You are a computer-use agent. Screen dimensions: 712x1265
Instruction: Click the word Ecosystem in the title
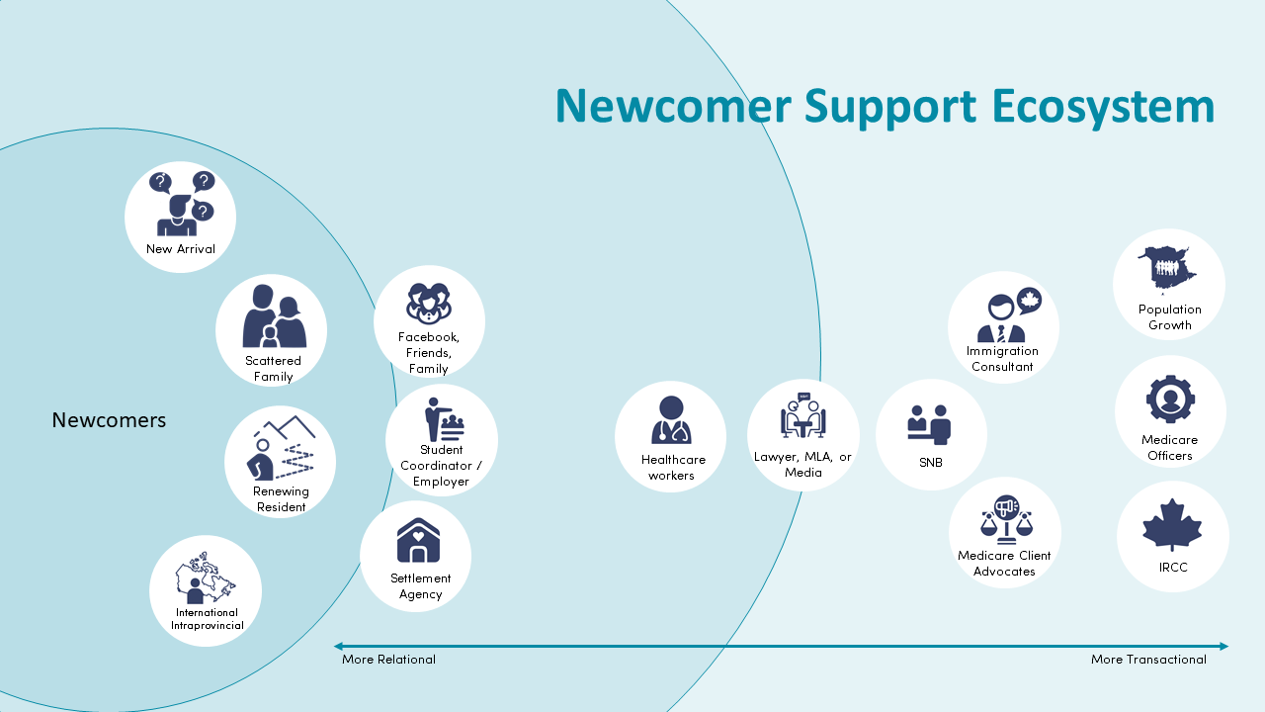1103,107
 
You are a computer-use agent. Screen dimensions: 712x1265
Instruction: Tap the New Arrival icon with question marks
181,203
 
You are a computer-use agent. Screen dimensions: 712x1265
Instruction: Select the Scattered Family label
273,369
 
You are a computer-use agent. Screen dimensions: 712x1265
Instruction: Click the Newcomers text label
109,420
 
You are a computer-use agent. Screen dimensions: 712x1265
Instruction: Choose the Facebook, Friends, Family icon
429,303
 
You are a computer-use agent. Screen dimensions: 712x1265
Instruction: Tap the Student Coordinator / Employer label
441,466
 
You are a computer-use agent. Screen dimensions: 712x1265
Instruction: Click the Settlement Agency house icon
417,541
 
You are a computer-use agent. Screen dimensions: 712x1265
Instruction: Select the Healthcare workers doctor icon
671,419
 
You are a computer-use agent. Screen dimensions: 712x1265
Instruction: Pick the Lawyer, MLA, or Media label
802,465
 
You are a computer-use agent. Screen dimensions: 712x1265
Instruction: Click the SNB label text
930,461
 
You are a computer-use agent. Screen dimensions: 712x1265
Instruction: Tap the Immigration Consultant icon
1003,314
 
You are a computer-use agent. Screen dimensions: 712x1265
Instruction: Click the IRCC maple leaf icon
1172,525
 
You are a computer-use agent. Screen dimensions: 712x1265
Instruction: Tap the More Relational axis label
388,660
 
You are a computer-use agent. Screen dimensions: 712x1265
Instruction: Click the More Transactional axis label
1148,660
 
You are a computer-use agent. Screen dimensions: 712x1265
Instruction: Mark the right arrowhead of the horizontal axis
1223,647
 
